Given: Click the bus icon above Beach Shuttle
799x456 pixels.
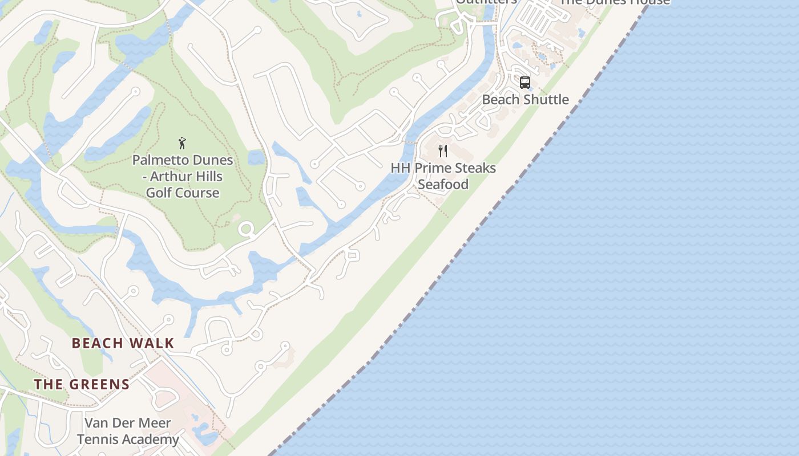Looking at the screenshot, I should click(x=525, y=83).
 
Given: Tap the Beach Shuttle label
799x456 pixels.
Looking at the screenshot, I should click(x=525, y=99).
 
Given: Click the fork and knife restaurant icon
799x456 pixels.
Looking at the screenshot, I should click(x=442, y=151).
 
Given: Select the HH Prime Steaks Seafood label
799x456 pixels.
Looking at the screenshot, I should click(x=443, y=176).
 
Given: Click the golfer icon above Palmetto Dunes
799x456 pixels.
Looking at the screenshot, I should click(x=182, y=143).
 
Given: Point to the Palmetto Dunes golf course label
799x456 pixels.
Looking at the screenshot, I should click(x=183, y=176).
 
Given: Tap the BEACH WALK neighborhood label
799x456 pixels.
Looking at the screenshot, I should click(x=123, y=343).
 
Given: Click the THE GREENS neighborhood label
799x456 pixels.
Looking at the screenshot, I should click(x=82, y=384).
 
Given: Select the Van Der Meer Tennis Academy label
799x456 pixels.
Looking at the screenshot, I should click(x=128, y=431).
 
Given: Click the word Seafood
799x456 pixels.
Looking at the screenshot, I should click(x=443, y=184).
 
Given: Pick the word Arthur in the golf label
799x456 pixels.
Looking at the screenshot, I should click(x=170, y=176).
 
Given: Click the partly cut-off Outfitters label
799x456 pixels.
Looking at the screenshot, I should click(x=486, y=2).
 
